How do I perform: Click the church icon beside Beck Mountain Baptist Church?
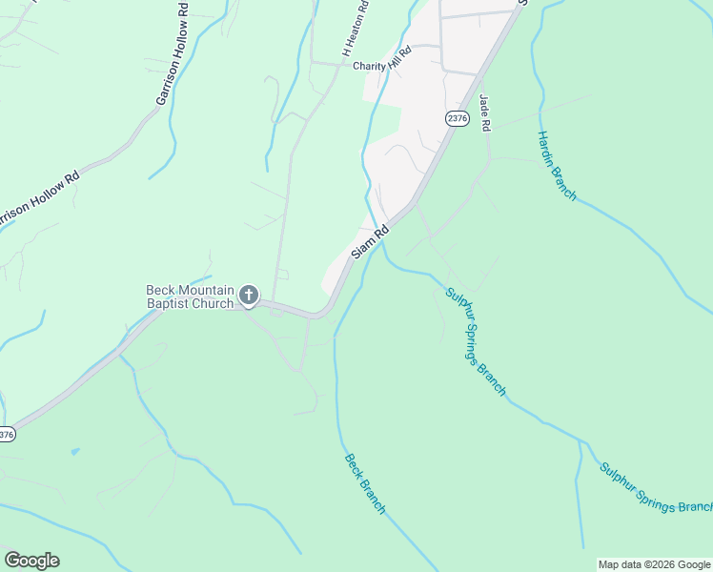pos(248,296)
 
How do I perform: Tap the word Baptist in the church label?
pos(168,304)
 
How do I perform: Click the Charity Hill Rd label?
pos(381,66)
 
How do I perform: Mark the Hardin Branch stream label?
pos(557,166)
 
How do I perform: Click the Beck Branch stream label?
pos(364,483)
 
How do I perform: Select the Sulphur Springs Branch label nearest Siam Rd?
pos(476,340)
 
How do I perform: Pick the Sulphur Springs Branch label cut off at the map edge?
pos(656,488)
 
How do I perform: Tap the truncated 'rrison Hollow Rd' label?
pos(38,199)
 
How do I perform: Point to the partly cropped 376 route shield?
pos(7,434)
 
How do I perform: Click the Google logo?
pos(31,561)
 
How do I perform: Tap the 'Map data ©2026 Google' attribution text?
pos(654,564)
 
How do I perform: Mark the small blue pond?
pos(75,451)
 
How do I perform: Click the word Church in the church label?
pos(213,304)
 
